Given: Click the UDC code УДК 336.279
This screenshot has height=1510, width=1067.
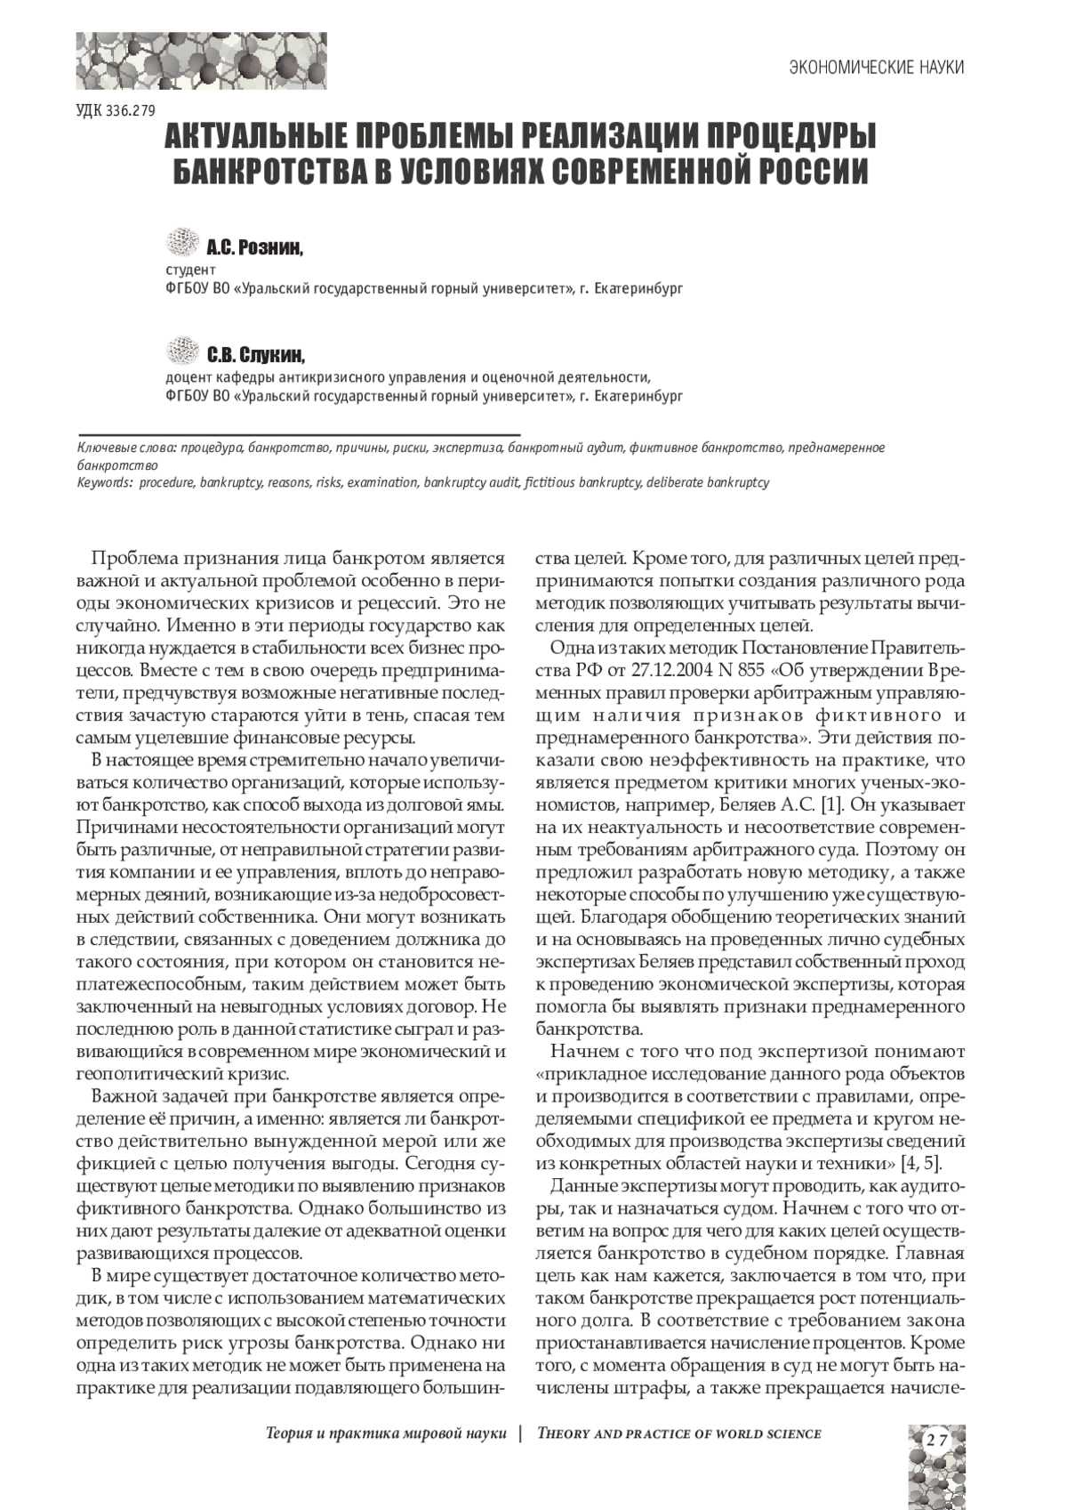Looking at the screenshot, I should point(116,111).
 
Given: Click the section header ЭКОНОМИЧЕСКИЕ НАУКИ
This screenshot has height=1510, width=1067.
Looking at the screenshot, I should point(877,68).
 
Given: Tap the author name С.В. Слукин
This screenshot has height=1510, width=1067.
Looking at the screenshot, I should point(256,356).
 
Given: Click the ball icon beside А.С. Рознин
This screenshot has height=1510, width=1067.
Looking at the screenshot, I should point(183,241).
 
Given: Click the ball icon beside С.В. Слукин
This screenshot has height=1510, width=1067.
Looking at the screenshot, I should point(183,351).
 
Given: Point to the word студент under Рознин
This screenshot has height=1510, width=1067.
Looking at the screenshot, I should point(191,270).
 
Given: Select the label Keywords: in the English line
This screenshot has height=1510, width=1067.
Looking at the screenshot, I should point(105,482).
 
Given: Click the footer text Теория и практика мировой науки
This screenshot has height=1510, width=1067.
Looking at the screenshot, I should point(386,1433).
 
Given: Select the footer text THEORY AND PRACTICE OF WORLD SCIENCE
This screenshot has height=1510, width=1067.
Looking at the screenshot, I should point(679,1433).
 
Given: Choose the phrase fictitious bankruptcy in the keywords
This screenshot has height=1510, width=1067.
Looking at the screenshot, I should point(583,482).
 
